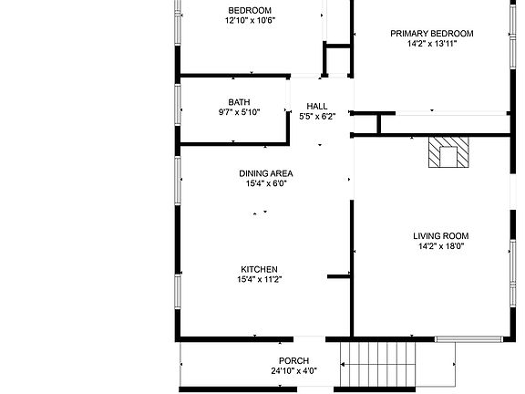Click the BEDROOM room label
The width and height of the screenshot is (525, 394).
coord(249,11)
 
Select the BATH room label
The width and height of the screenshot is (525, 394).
coord(239,102)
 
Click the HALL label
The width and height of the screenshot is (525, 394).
coord(316,106)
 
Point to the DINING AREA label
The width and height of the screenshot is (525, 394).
coord(266,173)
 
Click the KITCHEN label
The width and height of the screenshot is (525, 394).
coord(259,269)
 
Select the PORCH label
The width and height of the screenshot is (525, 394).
coord(293,361)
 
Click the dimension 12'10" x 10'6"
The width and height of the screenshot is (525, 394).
coord(250,22)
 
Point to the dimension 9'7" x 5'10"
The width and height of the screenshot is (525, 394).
coord(239,112)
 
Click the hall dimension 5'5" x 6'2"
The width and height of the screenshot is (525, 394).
coord(317,116)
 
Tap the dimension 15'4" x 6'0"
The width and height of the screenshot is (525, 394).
coord(266,183)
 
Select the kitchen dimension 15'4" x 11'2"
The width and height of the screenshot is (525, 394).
coord(259,279)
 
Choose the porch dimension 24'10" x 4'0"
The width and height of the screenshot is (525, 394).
coord(293,371)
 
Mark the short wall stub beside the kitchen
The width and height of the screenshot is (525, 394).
coord(339,275)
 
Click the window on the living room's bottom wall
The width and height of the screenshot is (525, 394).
coord(468,339)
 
